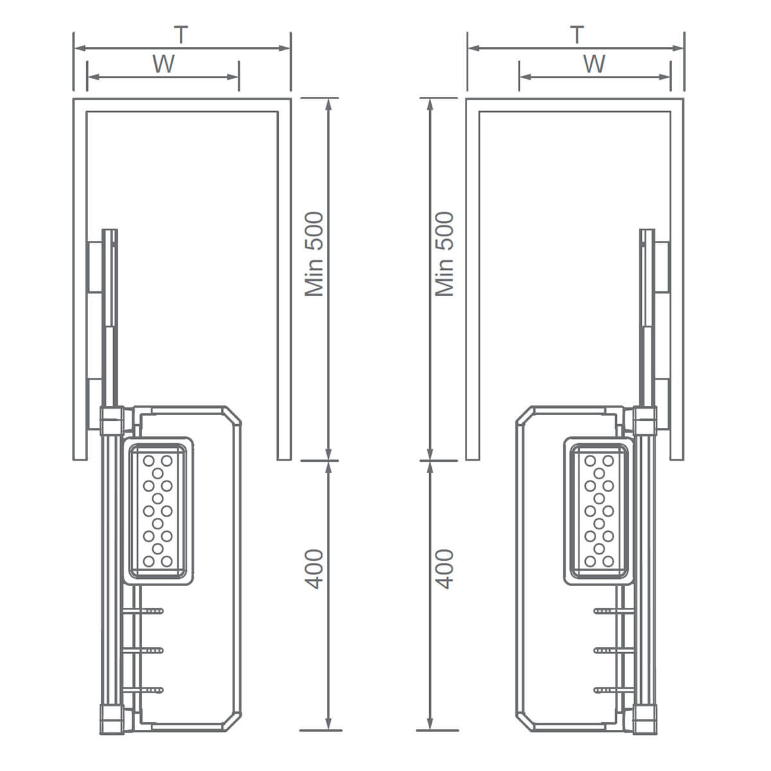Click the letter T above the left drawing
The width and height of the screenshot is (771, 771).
click(181, 35)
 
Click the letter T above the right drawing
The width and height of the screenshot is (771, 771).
click(576, 35)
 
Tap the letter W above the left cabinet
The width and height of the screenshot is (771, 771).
click(164, 64)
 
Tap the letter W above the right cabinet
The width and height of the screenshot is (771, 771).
click(594, 64)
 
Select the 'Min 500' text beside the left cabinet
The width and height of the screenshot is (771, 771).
click(314, 254)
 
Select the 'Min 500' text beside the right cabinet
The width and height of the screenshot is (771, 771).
click(445, 254)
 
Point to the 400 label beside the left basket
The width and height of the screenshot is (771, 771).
click(314, 569)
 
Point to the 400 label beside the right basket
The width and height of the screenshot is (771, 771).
click(445, 569)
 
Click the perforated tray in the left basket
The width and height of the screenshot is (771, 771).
click(158, 511)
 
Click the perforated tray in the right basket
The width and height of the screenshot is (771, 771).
click(599, 511)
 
